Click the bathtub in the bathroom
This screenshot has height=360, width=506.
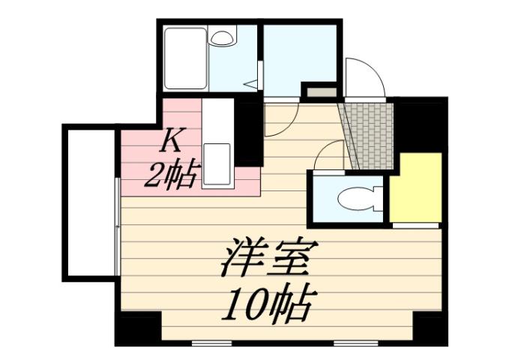click(x=184, y=58)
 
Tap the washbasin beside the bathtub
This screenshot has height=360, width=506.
click(x=223, y=37)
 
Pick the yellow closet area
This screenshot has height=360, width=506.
click(x=417, y=187)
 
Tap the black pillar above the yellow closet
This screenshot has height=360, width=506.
click(x=420, y=124)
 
